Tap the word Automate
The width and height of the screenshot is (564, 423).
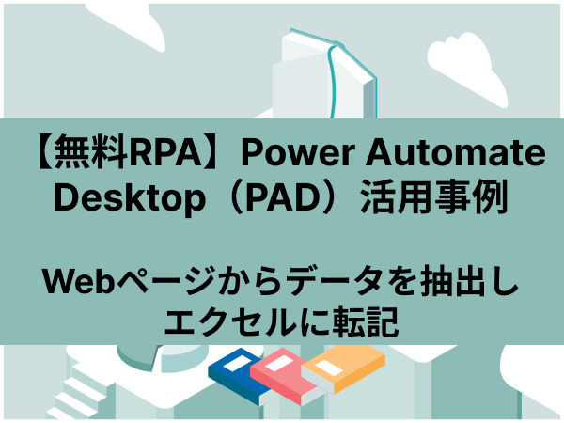tap(455, 152)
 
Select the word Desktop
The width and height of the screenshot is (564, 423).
tap(130, 197)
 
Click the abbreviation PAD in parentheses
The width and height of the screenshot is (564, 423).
tap(285, 197)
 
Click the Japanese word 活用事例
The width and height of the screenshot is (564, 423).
tap(433, 197)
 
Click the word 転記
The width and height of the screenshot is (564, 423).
tap(365, 321)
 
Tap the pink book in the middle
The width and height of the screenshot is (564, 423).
tap(284, 380)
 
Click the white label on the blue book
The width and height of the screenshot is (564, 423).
tap(235, 364)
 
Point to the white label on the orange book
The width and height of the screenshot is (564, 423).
tap(329, 368)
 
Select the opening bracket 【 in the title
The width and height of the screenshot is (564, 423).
tap(45, 152)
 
